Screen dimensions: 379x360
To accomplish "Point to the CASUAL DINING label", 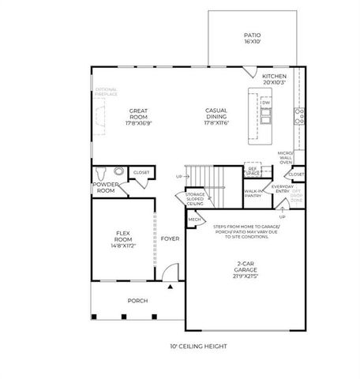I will (x=216, y=115).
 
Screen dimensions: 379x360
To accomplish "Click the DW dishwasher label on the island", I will (x=266, y=103).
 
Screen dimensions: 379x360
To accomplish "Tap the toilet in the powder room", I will (x=101, y=173).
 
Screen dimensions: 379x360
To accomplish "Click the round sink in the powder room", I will (x=118, y=171).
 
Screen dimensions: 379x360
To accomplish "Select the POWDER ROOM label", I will (x=106, y=188).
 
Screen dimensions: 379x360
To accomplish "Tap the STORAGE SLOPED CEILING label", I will (x=196, y=198).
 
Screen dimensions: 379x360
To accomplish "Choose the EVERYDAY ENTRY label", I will (x=281, y=190).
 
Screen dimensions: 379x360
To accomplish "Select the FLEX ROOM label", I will (x=122, y=238).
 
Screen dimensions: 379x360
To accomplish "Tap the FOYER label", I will (x=170, y=238).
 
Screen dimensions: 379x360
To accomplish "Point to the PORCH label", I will (x=138, y=301).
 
